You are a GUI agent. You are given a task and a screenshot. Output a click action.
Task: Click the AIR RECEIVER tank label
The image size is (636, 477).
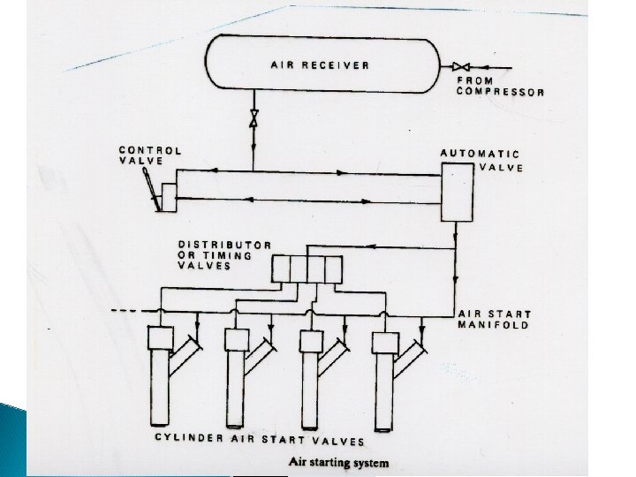[x=319, y=64]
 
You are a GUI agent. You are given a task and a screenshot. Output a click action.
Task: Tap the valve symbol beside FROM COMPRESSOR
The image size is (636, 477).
[x=462, y=67]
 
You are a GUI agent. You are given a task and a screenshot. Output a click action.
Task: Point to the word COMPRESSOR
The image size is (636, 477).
[x=500, y=92]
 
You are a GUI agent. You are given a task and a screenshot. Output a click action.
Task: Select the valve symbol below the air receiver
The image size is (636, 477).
[x=254, y=117]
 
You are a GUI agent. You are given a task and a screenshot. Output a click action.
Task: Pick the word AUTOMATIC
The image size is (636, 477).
[x=481, y=154]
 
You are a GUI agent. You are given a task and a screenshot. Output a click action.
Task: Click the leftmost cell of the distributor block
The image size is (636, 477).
[x=282, y=269]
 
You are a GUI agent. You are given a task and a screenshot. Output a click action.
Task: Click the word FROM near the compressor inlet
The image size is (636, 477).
[x=474, y=80]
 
